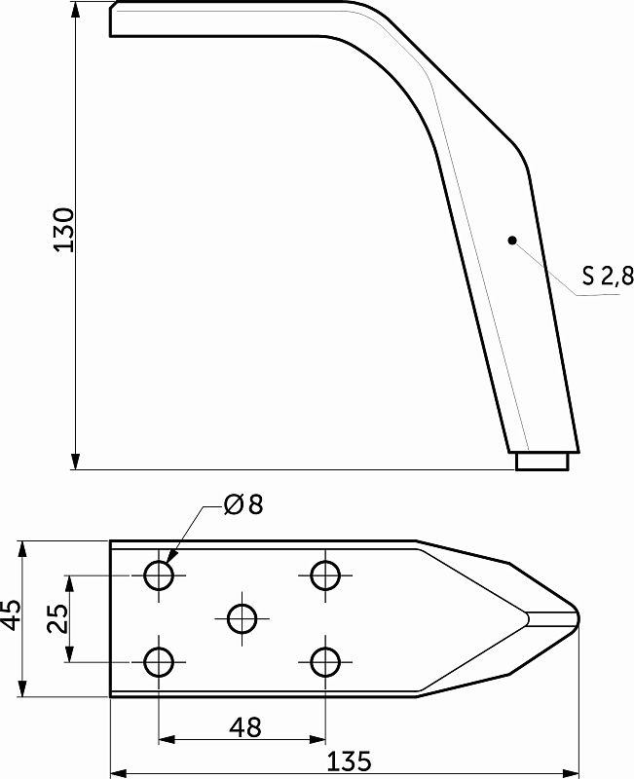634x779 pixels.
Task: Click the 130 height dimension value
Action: [x=64, y=230]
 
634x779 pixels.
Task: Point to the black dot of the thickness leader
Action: [x=512, y=241]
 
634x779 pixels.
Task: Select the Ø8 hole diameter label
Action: [x=242, y=504]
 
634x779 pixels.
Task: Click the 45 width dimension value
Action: [x=11, y=614]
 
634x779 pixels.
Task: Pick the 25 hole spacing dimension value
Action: [x=58, y=618]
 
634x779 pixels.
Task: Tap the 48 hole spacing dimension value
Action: [x=245, y=727]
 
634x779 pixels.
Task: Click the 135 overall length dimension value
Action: [x=350, y=761]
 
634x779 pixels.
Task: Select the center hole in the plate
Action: [x=242, y=619]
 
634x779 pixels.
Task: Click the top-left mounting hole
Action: [x=159, y=575]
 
